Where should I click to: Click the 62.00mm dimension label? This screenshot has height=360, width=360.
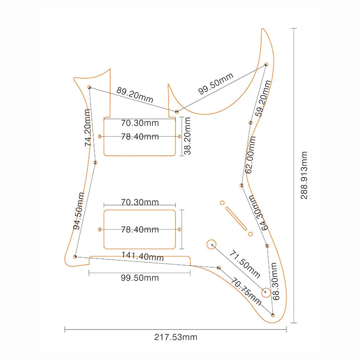click(x=250, y=155)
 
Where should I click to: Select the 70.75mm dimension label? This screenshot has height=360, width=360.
click(x=246, y=292)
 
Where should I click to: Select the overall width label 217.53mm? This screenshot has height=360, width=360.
click(x=175, y=337)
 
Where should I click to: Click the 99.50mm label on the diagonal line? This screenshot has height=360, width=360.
click(x=216, y=84)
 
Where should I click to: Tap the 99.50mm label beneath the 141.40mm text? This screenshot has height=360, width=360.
click(x=140, y=278)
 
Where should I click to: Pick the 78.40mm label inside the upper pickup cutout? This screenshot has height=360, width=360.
click(x=140, y=137)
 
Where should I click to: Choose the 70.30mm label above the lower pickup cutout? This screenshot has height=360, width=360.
click(x=140, y=202)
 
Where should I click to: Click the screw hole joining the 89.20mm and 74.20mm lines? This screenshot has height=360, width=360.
click(x=89, y=87)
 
